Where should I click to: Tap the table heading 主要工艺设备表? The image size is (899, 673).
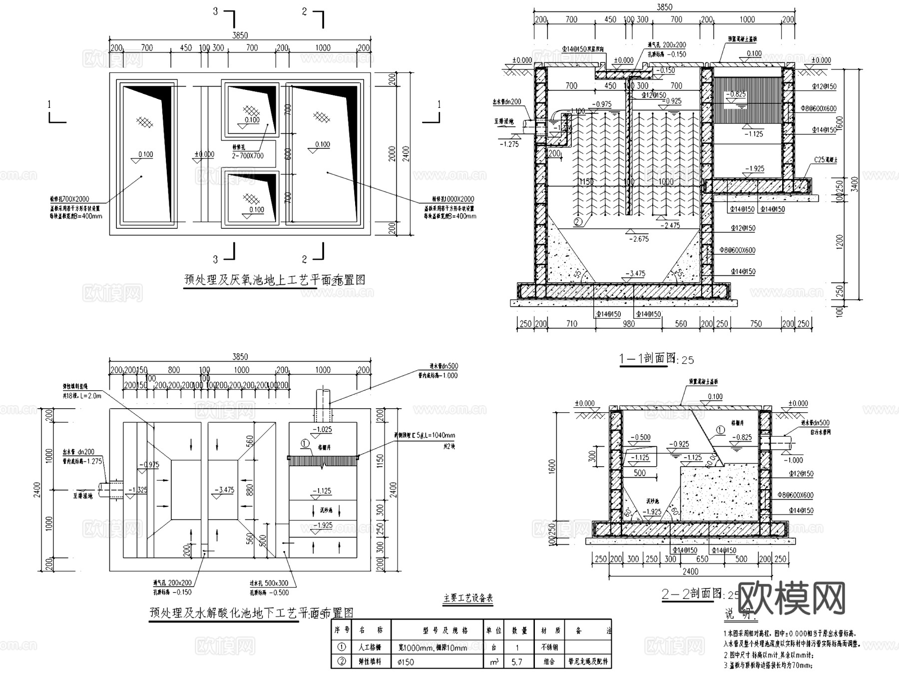click(468, 598)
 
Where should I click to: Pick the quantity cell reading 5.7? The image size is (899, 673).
click(517, 662)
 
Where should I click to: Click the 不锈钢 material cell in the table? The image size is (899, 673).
click(548, 647)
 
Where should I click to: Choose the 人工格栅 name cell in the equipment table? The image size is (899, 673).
click(370, 647)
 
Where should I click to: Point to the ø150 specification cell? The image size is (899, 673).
click(406, 662)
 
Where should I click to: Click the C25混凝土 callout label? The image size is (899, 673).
click(826, 160)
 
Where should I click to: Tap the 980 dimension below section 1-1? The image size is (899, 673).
click(628, 324)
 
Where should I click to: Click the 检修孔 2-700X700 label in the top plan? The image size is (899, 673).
click(248, 152)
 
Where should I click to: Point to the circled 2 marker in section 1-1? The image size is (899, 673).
click(578, 222)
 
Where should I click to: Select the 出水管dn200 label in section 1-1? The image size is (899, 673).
click(507, 102)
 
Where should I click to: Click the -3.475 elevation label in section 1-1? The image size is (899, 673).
click(634, 273)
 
